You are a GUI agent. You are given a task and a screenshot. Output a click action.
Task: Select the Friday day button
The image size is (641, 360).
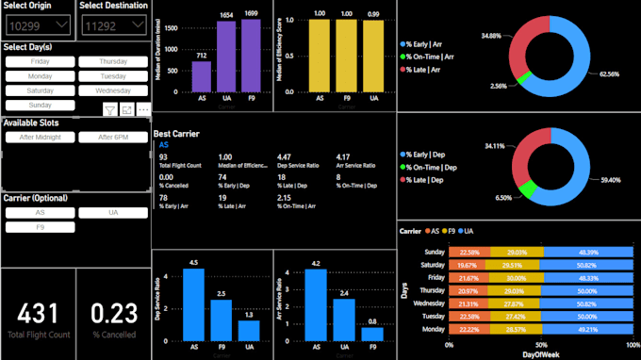[x=41, y=61]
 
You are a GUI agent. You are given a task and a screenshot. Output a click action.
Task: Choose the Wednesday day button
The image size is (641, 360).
[x=113, y=90]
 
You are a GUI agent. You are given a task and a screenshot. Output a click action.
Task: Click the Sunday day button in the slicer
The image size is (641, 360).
[x=41, y=105]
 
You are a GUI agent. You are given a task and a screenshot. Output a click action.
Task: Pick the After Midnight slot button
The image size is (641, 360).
[x=41, y=137]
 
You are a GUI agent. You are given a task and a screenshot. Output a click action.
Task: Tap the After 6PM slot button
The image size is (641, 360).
[x=113, y=137]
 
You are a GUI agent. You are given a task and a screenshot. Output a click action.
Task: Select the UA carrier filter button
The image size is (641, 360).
[x=113, y=213]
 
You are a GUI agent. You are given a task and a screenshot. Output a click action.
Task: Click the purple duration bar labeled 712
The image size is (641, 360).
[x=201, y=78]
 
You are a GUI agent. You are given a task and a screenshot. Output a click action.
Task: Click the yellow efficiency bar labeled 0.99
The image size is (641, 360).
[x=374, y=57]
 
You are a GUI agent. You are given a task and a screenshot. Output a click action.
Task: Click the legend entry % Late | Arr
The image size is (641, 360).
[x=433, y=70]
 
